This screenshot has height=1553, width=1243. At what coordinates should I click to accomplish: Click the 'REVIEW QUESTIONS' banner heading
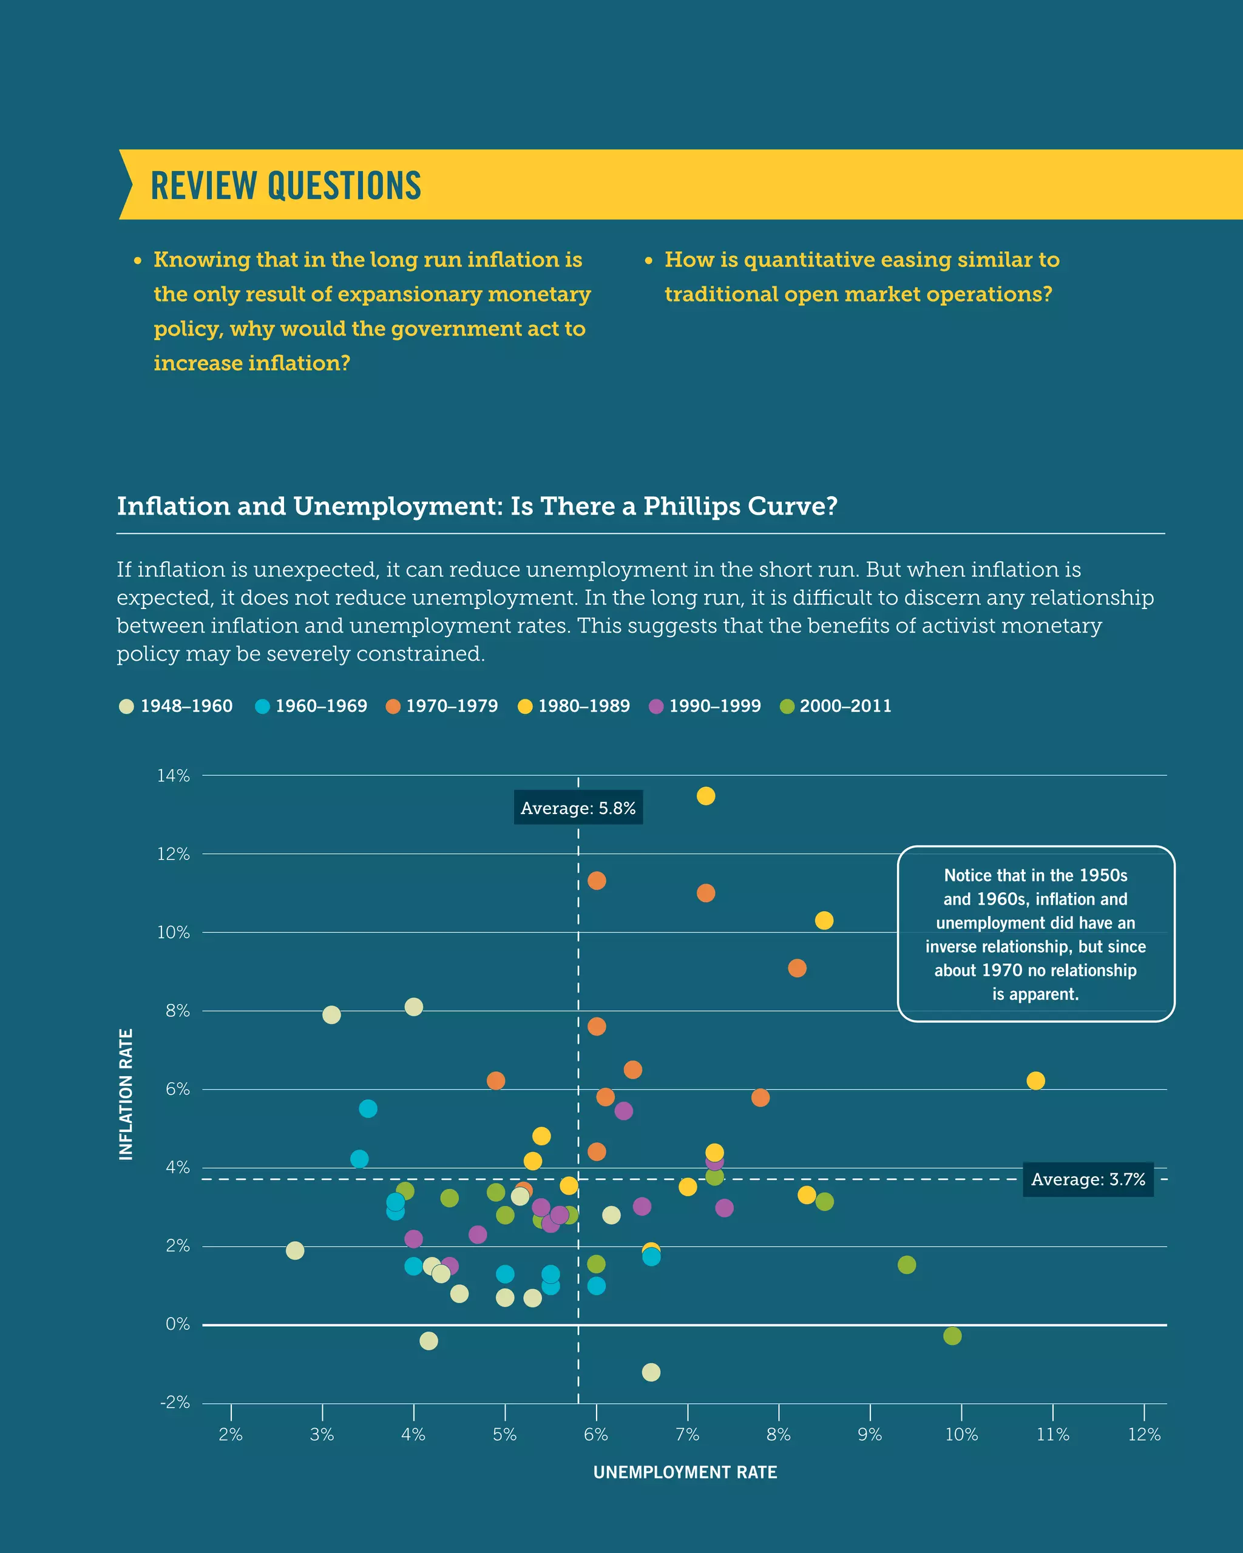point(285,185)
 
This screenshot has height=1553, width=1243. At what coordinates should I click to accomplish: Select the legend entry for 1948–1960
point(177,706)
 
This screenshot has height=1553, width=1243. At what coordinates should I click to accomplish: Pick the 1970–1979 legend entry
point(442,706)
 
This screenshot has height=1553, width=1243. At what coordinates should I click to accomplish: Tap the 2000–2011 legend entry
point(836,706)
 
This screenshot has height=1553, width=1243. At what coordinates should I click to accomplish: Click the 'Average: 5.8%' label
point(578,808)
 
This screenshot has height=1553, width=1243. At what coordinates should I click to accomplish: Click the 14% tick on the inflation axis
point(174,776)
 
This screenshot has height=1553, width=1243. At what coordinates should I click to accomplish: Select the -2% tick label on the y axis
point(175,1402)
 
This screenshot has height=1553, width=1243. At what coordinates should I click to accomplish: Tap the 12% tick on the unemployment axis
point(1143,1434)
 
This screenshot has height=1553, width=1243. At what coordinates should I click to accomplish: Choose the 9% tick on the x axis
point(870,1434)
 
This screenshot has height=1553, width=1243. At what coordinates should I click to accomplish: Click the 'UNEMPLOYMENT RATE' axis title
point(685,1472)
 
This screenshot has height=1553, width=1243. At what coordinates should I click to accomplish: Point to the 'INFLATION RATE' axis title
point(126,1094)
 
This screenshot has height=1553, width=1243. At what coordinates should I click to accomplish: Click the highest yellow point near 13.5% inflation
point(705,796)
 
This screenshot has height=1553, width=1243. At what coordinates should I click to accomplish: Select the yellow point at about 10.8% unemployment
point(1035,1080)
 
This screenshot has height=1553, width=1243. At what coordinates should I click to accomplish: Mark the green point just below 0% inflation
point(952,1336)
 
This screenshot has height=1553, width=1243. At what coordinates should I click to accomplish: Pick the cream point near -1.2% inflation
point(651,1372)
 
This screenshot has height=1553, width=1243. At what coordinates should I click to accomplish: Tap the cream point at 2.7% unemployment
point(295,1250)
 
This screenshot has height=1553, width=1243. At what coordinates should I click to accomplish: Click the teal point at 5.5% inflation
point(367,1108)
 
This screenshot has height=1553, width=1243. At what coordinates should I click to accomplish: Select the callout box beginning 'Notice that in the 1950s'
point(1035,934)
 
